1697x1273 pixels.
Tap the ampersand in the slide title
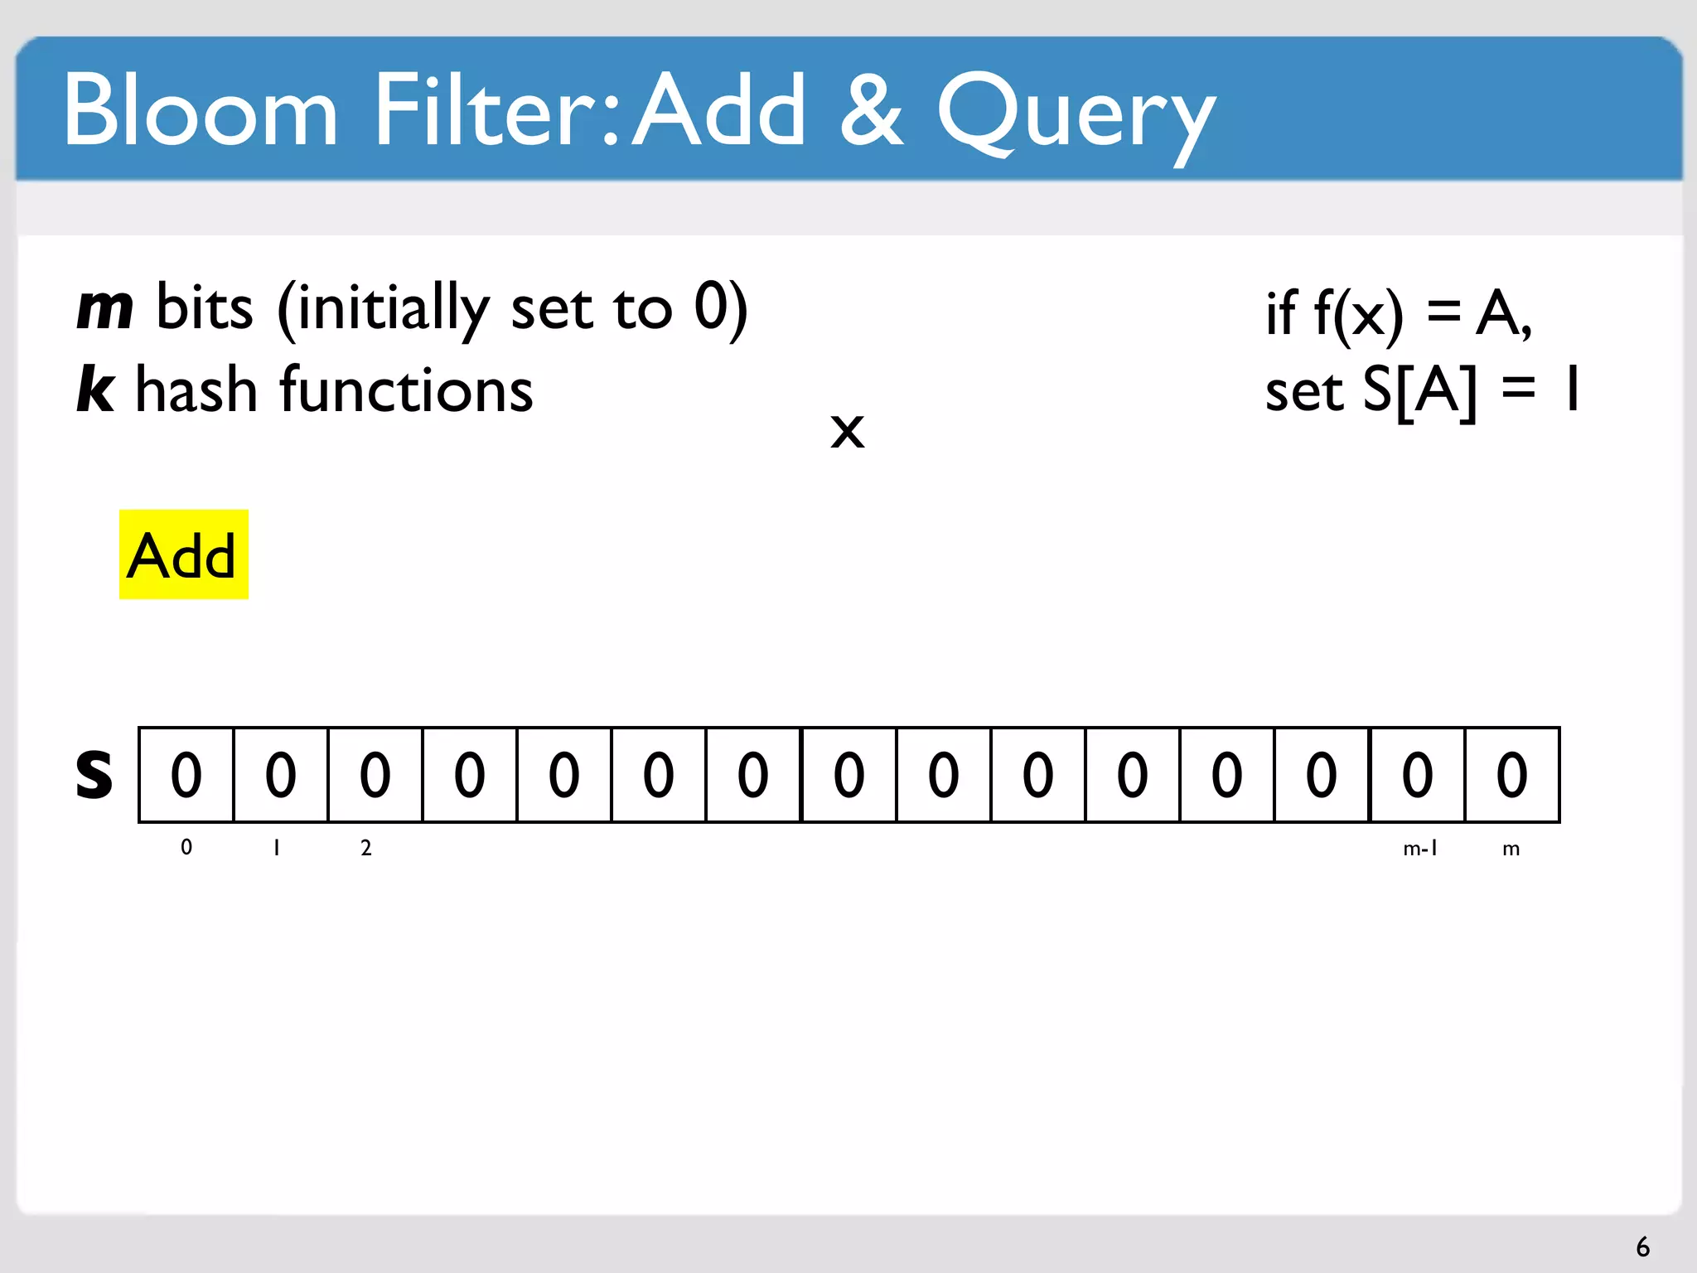871,110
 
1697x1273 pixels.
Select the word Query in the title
1076,116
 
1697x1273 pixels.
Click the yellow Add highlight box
183,554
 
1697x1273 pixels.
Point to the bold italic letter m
104,308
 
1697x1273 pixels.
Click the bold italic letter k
95,389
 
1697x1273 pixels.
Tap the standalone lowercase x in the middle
847,431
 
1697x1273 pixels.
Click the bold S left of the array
94,775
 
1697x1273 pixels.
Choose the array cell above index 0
186,775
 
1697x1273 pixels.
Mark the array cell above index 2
375,775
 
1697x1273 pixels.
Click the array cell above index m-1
1417,775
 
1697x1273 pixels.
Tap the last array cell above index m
1512,775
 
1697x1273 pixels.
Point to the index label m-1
1420,848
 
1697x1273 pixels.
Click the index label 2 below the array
366,848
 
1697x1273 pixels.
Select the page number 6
1642,1246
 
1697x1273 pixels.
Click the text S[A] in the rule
1419,390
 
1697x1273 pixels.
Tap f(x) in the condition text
1359,314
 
